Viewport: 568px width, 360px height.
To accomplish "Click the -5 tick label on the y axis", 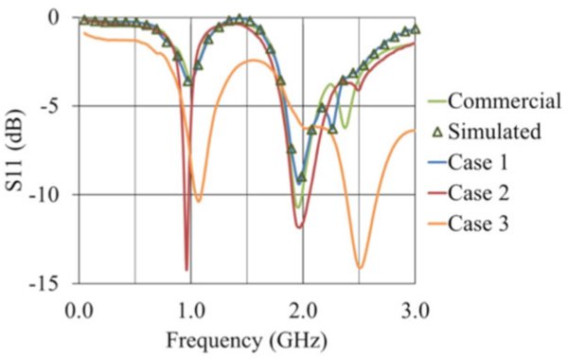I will point(57,106).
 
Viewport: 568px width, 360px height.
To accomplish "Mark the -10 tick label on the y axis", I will point(52,195).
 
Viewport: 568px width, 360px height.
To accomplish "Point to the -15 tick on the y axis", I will point(52,284).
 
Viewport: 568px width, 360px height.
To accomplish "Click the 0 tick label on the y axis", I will point(62,17).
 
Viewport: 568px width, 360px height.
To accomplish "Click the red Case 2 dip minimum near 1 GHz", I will point(186,270).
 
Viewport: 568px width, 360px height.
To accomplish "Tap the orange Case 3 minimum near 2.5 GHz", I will point(360,268).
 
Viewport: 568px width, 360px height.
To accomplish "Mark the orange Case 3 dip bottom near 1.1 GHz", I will point(198,201).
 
